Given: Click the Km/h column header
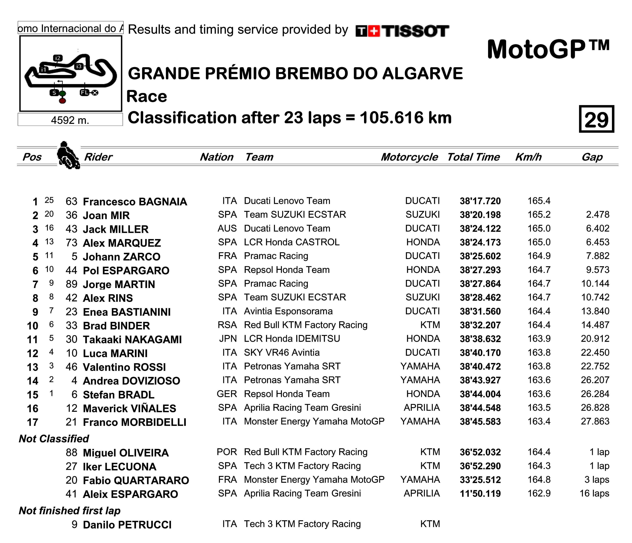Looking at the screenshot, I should coord(528,157).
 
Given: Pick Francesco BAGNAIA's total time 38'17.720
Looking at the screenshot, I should coord(480,201).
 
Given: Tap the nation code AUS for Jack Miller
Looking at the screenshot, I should coord(227,229).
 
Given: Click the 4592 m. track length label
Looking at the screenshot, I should coord(70,120).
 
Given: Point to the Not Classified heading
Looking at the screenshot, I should coord(54,439).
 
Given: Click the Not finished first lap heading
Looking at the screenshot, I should coord(70,511).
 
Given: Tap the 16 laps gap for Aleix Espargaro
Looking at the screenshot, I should coord(594,494).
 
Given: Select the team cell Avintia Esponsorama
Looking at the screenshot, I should coord(288,311).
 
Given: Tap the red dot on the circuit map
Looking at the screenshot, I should coord(62,101).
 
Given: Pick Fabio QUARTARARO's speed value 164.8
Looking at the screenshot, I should coord(539,480).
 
